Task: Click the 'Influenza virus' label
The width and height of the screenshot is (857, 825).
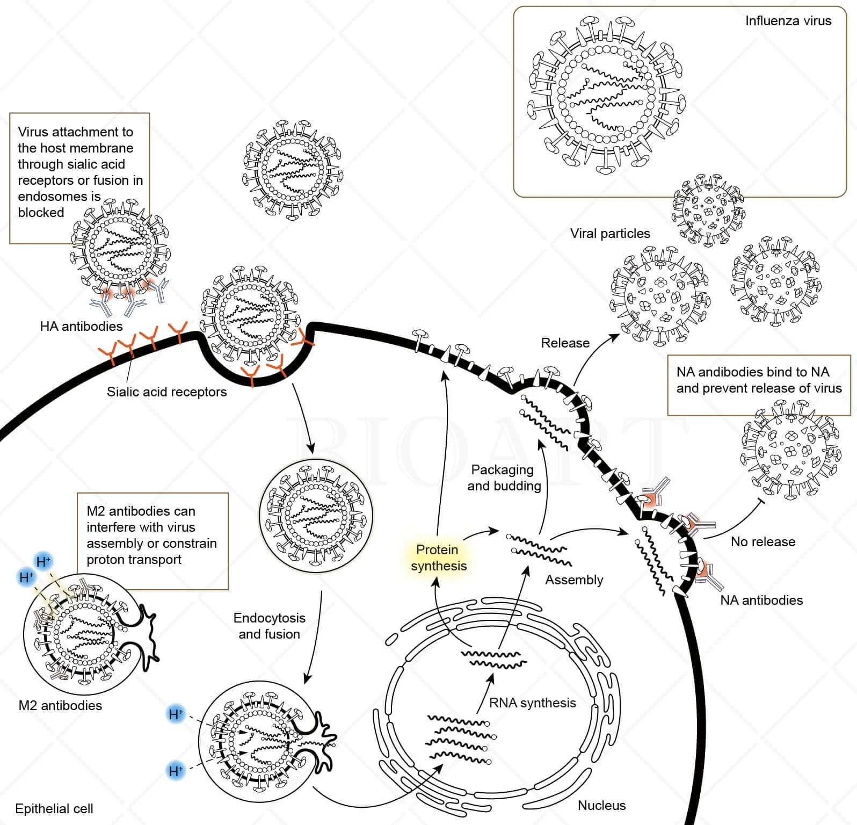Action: point(788,21)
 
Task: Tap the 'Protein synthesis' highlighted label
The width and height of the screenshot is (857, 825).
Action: point(438,558)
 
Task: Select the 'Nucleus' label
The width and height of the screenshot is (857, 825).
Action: point(601,805)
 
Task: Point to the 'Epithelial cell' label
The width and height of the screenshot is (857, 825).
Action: point(54,808)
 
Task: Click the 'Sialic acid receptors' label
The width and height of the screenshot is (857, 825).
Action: point(166,392)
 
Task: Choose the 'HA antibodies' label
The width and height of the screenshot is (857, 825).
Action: point(81,326)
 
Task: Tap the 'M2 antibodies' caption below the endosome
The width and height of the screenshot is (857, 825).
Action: point(60,705)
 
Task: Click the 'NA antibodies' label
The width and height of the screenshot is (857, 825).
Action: point(761,600)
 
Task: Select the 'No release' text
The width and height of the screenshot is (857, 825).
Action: point(762,541)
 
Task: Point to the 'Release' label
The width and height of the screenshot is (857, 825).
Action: point(565,343)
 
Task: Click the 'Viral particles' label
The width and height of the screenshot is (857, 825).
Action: point(610,234)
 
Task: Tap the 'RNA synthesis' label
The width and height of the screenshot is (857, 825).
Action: point(532,703)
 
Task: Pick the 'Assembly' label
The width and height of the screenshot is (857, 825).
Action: point(574,580)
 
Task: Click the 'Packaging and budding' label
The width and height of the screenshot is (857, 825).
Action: point(504,477)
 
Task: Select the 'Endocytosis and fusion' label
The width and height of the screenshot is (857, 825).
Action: point(269,626)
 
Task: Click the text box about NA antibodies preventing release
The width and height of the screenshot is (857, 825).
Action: point(759,385)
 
